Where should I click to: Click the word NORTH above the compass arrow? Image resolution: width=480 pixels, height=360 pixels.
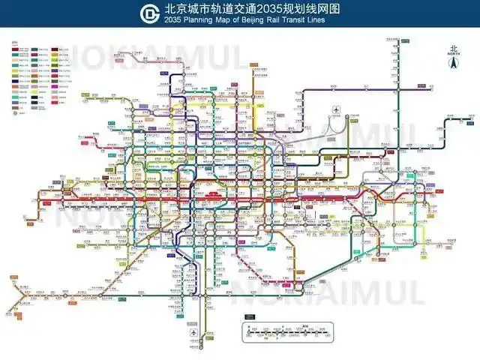point(452,54)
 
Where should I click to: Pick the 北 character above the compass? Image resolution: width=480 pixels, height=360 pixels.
point(452,47)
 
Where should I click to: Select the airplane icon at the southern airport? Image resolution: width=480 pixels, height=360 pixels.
point(195,333)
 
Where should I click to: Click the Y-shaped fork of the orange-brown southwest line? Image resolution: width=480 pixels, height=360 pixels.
point(28,294)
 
